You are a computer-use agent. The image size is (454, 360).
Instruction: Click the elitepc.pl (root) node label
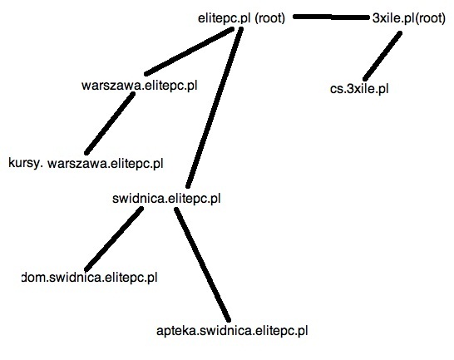pyautogui.click(x=241, y=18)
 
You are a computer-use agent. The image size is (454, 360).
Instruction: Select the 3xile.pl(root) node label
pyautogui.click(x=409, y=18)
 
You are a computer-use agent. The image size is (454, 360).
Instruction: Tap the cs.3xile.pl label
pyautogui.click(x=359, y=89)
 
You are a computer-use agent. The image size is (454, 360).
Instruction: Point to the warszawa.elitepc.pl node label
pyautogui.click(x=139, y=86)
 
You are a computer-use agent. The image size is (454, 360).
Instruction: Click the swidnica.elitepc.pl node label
pyautogui.click(x=166, y=199)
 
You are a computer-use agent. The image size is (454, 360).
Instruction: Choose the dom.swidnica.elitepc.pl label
pyautogui.click(x=90, y=278)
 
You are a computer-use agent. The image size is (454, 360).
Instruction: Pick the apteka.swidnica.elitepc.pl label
pyautogui.click(x=232, y=330)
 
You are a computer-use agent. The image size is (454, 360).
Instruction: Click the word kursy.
pyautogui.click(x=26, y=163)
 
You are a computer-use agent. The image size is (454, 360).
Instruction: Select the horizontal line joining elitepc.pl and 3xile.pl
pyautogui.click(x=332, y=17)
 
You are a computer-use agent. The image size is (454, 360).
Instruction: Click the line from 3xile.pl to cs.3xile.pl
pyautogui.click(x=382, y=56)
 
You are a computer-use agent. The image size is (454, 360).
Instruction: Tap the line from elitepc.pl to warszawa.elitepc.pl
pyautogui.click(x=190, y=52)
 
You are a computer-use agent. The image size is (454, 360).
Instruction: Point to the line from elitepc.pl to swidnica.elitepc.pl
pyautogui.click(x=215, y=107)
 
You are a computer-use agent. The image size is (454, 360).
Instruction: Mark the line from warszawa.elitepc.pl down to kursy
pyautogui.click(x=110, y=123)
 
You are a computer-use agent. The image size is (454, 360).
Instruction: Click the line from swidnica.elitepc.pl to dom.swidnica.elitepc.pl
pyautogui.click(x=114, y=239)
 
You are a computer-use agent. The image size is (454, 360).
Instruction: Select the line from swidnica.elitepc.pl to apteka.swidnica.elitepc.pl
pyautogui.click(x=203, y=264)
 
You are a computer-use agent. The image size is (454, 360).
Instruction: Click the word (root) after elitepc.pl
pyautogui.click(x=270, y=18)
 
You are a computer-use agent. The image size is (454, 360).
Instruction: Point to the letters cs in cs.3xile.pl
pyautogui.click(x=337, y=89)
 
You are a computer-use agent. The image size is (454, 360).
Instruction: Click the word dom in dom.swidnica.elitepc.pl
pyautogui.click(x=34, y=278)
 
